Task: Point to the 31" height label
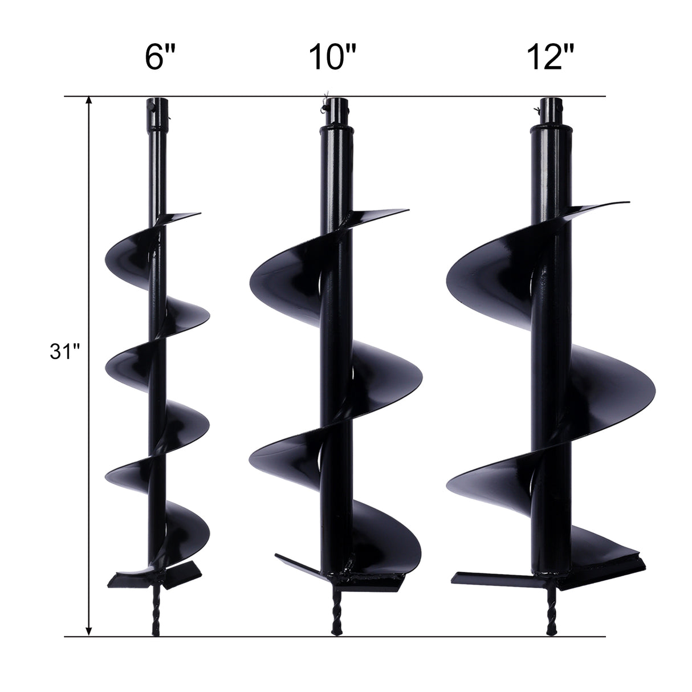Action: [62, 352]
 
